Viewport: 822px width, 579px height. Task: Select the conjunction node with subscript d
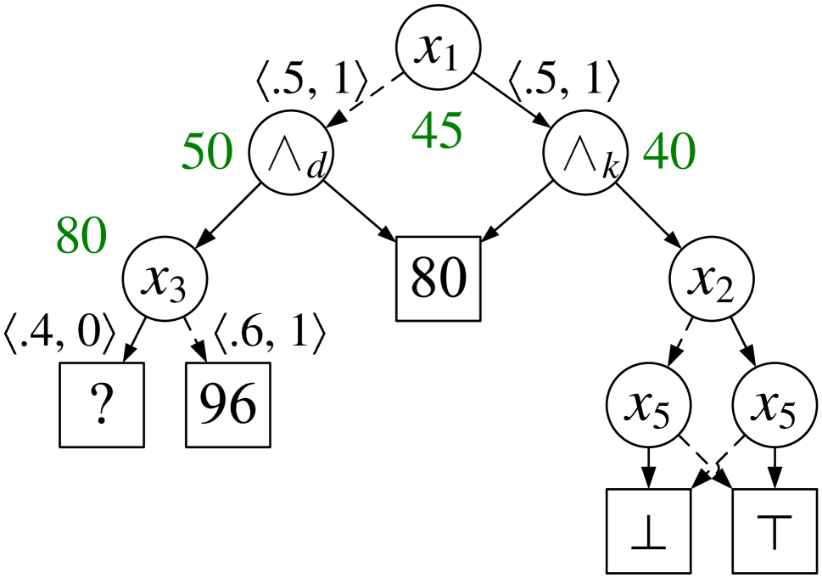(x=291, y=153)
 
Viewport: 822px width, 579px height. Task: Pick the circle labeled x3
(x=165, y=279)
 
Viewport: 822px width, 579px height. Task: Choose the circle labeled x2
(x=712, y=279)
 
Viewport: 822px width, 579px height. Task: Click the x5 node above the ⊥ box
(x=649, y=407)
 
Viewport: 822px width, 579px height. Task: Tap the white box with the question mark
(x=102, y=405)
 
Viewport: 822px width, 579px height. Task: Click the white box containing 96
(x=228, y=405)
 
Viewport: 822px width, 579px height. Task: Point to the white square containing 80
(x=439, y=278)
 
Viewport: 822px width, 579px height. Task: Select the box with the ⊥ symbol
(x=649, y=531)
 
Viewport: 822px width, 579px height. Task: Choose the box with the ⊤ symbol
(x=775, y=531)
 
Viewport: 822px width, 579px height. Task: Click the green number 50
(x=206, y=153)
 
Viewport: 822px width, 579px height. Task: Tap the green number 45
(x=437, y=132)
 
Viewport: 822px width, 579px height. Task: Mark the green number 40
(x=668, y=153)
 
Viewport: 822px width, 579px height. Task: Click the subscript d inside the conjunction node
(x=316, y=166)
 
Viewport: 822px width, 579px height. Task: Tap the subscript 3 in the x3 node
(x=177, y=291)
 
